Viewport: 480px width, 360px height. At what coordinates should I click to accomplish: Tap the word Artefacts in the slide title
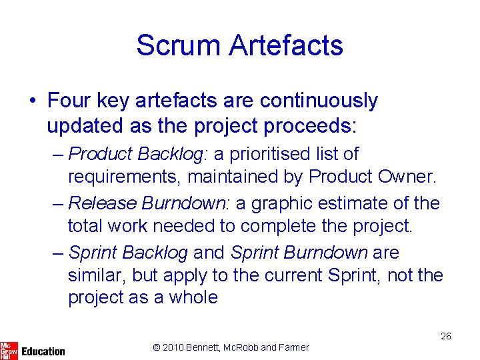point(286,45)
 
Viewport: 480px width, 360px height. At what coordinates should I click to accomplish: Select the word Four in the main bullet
point(69,101)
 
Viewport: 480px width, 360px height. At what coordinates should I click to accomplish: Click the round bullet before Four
point(33,101)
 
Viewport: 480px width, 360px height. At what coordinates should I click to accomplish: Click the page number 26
point(446,336)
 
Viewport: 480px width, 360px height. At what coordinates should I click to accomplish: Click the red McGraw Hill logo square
point(9,349)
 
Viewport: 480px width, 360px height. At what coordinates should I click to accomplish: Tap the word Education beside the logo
point(43,351)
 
